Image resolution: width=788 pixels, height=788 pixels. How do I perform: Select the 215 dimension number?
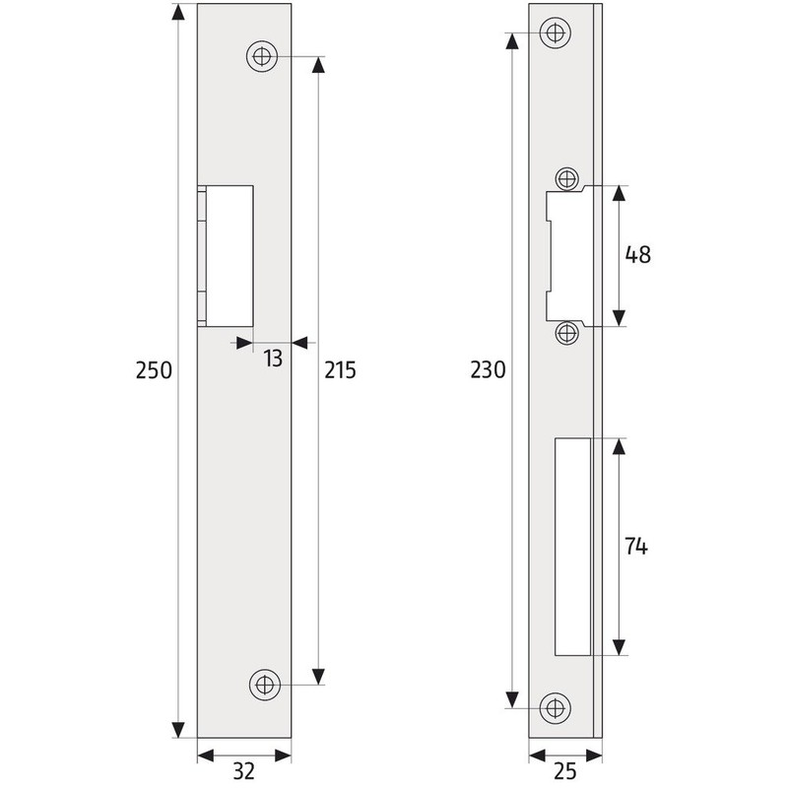point(339,371)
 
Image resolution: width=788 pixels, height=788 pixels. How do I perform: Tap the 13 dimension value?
point(272,359)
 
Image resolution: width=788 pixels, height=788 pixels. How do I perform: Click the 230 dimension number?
point(488,371)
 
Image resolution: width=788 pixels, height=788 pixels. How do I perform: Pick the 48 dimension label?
point(637,255)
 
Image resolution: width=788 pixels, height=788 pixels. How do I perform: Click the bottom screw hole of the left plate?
point(263,684)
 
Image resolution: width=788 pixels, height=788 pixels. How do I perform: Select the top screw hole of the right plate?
point(556,33)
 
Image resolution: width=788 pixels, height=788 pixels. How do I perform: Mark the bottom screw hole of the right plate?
point(556,706)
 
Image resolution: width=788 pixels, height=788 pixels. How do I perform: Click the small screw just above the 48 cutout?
point(566,178)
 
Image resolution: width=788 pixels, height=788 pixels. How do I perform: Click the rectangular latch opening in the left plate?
point(228,255)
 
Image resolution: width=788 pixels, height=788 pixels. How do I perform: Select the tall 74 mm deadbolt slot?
point(572,548)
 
